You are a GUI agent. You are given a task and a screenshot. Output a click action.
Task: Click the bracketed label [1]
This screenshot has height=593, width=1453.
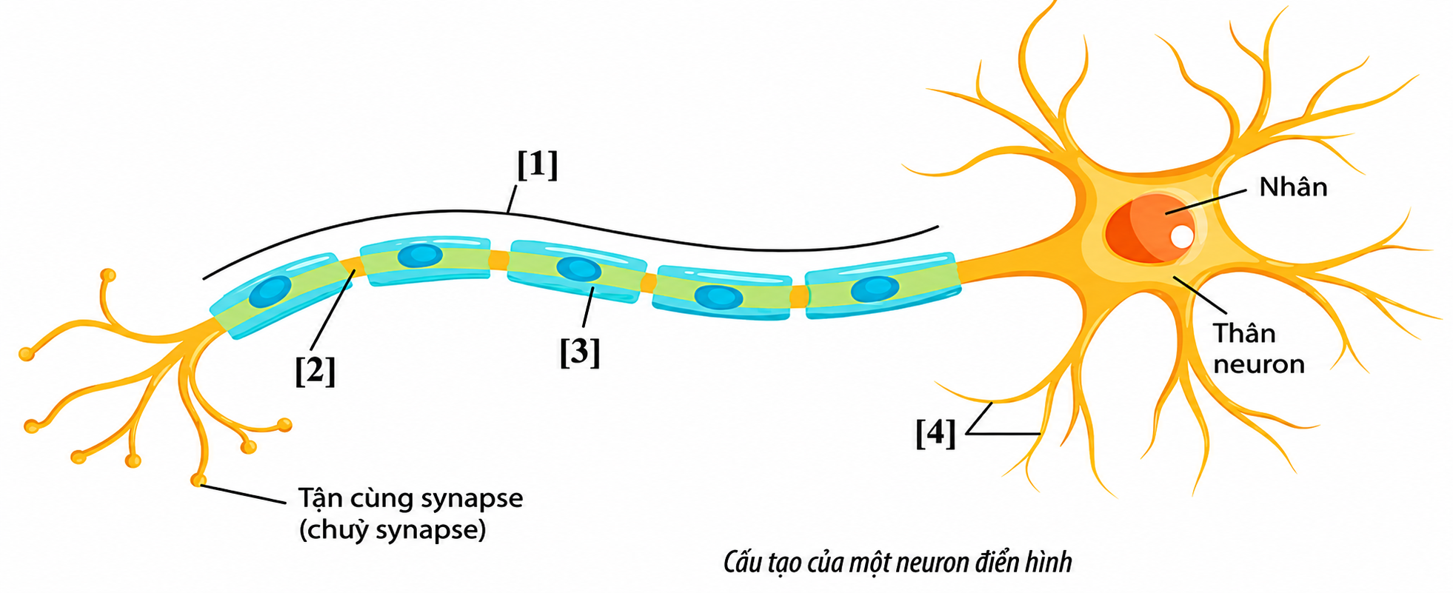[537, 165]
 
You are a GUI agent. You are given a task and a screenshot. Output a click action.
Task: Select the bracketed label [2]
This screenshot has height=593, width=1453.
[315, 370]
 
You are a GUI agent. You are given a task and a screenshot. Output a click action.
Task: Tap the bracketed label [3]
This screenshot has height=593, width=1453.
[579, 352]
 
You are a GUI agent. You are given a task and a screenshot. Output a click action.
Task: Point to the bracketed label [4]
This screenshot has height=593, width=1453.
[935, 433]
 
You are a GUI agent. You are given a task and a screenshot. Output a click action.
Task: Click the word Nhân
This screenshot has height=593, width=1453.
[1293, 186]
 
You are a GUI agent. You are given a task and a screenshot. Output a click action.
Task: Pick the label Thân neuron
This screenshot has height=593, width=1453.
[1258, 349]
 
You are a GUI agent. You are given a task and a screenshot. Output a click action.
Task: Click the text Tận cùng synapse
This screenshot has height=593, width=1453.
[410, 499]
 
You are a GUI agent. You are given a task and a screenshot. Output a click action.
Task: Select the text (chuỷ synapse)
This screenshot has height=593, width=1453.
[393, 530]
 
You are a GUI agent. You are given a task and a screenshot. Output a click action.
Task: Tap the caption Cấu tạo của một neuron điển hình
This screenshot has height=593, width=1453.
[898, 563]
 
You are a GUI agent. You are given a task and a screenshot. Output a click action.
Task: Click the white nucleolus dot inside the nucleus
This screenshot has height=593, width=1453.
[1182, 237]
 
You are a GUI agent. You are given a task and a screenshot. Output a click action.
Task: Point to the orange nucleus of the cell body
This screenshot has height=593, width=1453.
[1149, 228]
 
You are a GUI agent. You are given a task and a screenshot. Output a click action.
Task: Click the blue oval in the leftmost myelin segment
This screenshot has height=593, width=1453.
[270, 292]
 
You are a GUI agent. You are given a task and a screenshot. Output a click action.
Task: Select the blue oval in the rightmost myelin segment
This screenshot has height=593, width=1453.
[875, 289]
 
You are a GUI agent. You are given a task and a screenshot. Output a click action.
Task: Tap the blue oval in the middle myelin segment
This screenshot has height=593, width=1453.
[578, 269]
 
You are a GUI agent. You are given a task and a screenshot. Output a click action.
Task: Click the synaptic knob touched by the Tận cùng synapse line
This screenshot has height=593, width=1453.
[198, 480]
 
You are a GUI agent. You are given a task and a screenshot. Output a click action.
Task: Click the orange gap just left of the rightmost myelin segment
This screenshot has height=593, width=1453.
[798, 296]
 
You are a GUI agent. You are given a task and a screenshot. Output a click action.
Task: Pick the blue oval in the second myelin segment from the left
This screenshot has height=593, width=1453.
[420, 255]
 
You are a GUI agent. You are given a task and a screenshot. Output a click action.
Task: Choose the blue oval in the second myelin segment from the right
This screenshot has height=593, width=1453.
[718, 297]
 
